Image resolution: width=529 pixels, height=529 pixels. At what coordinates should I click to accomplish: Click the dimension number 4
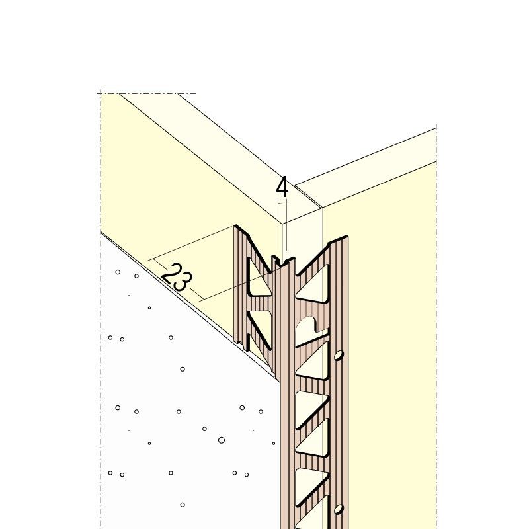pos(282,188)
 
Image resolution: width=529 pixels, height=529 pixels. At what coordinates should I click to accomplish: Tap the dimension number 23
pos(173,277)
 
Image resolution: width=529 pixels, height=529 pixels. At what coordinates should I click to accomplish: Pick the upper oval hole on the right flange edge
pos(339,355)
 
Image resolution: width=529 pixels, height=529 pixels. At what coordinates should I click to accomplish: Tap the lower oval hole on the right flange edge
pos(339,509)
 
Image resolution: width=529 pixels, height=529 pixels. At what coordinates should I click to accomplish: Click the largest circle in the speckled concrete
pos(222,440)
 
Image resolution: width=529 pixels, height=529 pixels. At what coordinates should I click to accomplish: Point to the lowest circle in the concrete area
pos(183,505)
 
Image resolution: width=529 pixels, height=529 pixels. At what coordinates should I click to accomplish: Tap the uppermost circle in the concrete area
pos(118,272)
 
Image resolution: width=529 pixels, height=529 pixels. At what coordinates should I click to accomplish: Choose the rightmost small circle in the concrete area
pos(274,443)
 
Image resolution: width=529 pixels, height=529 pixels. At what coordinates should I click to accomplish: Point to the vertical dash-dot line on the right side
pos(436,331)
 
